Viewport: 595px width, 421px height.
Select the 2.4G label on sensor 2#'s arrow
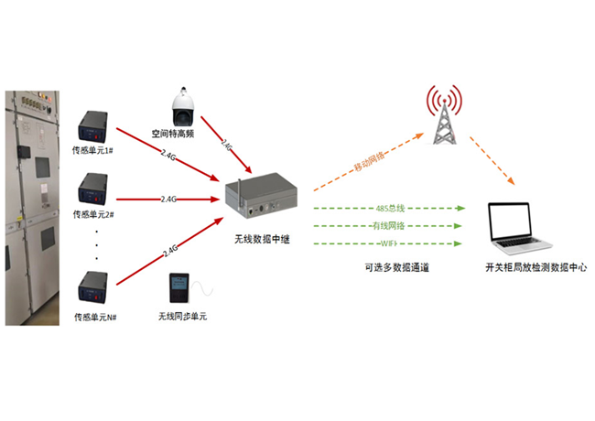(170, 199)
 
